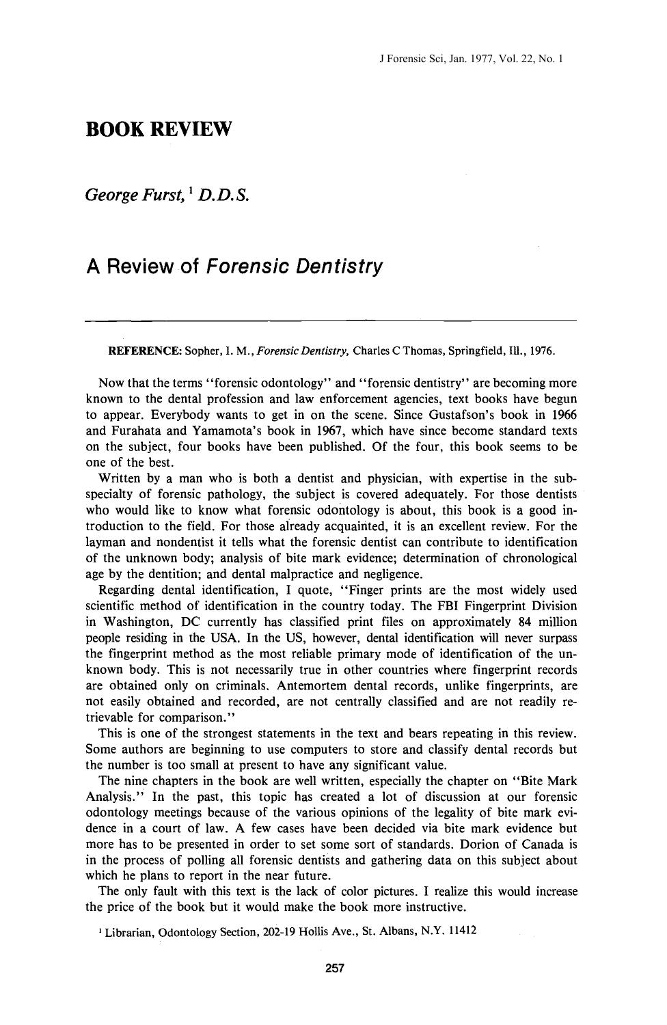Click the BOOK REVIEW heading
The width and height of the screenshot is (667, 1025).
(159, 129)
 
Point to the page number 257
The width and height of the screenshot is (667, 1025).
(333, 968)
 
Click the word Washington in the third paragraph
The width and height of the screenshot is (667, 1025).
(140, 622)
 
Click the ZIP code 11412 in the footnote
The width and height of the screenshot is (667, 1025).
(461, 931)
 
